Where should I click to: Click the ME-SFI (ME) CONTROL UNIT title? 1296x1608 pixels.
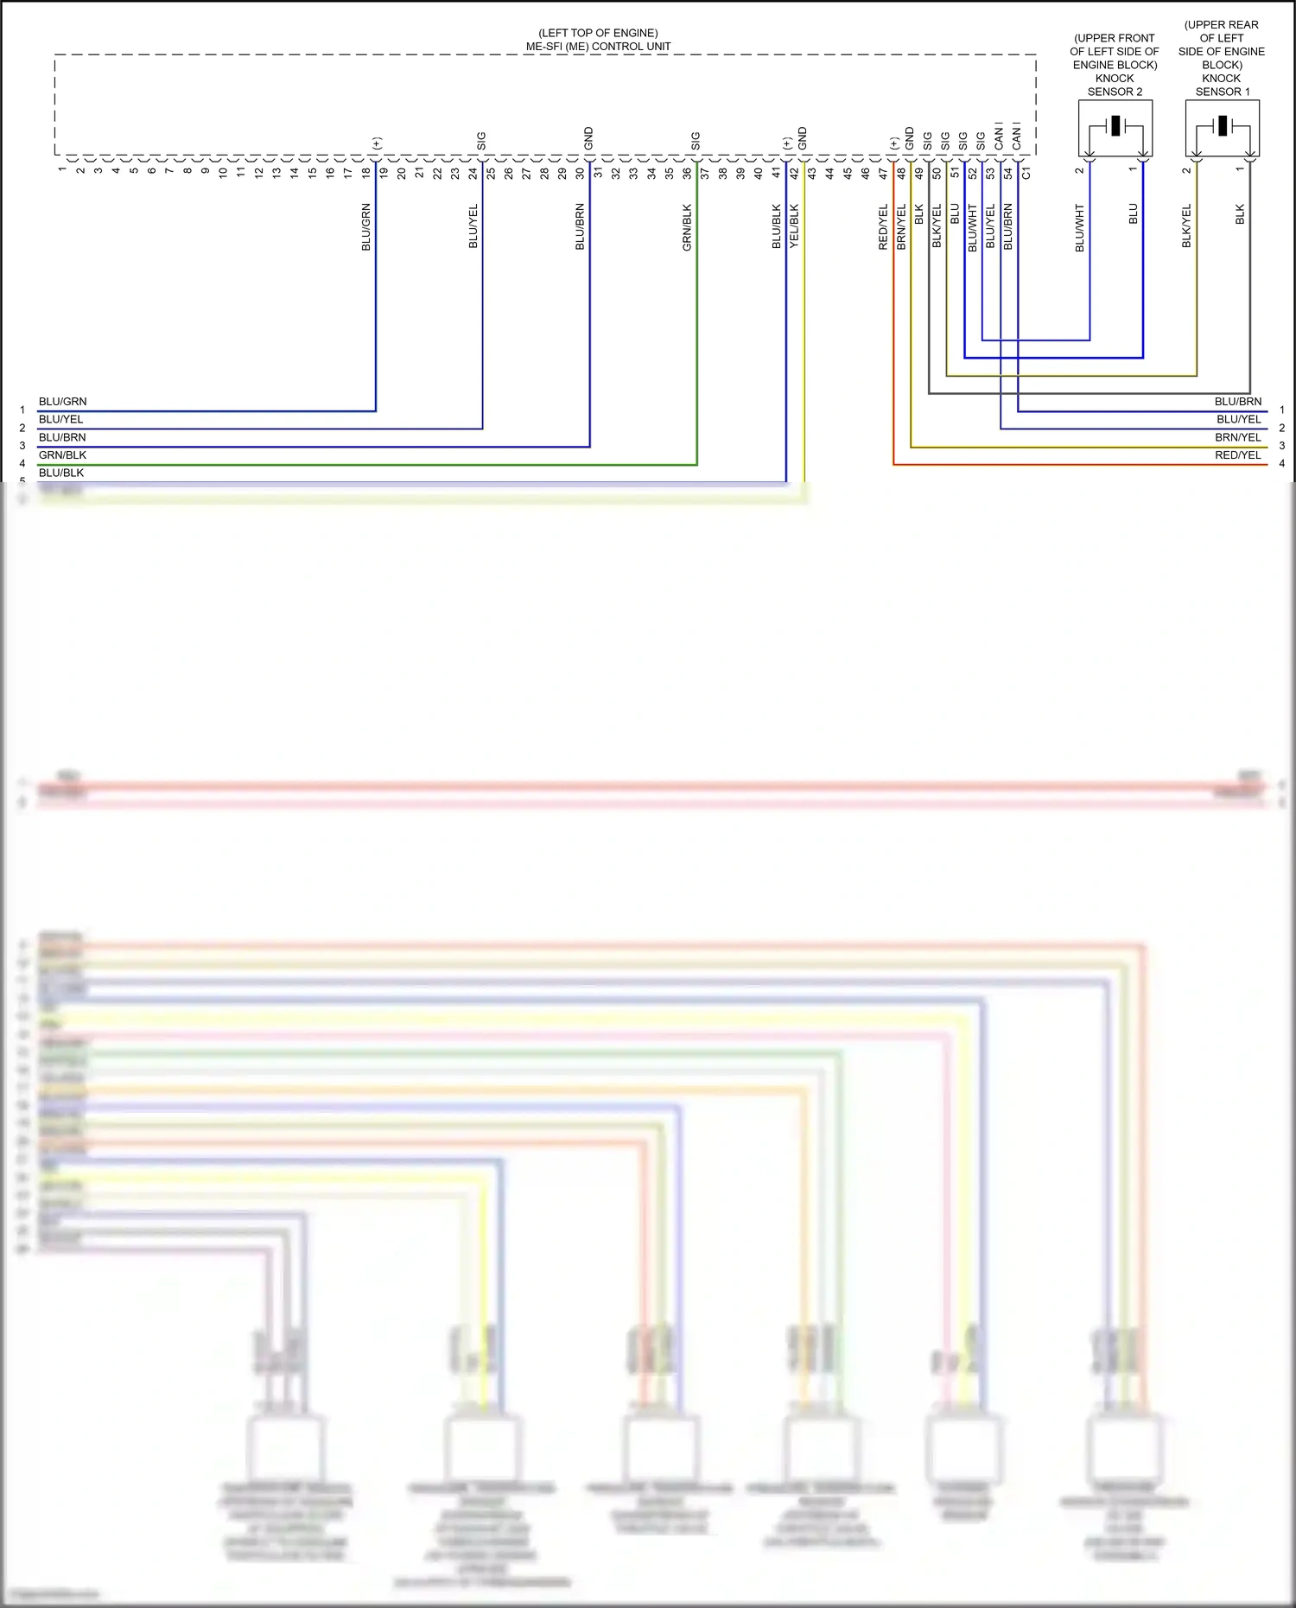[x=598, y=47]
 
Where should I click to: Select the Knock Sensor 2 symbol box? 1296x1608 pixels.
[x=1115, y=128]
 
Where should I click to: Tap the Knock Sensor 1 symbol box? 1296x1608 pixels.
[x=1222, y=128]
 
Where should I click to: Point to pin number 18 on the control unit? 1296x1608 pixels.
[x=366, y=173]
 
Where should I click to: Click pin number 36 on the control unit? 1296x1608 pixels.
[x=688, y=173]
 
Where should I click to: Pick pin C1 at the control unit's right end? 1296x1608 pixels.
[x=1026, y=173]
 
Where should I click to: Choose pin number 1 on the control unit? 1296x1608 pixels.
[x=62, y=169]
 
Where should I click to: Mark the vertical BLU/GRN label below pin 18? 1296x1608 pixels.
[x=366, y=227]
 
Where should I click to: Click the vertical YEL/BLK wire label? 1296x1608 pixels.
[x=795, y=226]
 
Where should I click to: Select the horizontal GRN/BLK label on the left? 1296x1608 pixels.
[x=62, y=455]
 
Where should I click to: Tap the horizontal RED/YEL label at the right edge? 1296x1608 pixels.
[x=1237, y=455]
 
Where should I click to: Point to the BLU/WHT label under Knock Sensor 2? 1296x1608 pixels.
[x=1080, y=228]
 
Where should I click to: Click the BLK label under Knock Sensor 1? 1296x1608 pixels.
[x=1241, y=214]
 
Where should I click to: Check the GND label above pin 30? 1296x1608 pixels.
[x=589, y=138]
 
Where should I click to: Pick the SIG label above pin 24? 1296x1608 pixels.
[x=482, y=141]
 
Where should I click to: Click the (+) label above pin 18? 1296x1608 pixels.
[x=377, y=143]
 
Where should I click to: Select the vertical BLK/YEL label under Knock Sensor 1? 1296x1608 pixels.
[x=1187, y=226]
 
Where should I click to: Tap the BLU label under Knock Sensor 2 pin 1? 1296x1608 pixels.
[x=1134, y=214]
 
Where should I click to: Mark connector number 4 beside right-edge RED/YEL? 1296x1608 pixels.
[x=1282, y=464]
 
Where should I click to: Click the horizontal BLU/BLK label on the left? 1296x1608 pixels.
[x=61, y=473]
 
